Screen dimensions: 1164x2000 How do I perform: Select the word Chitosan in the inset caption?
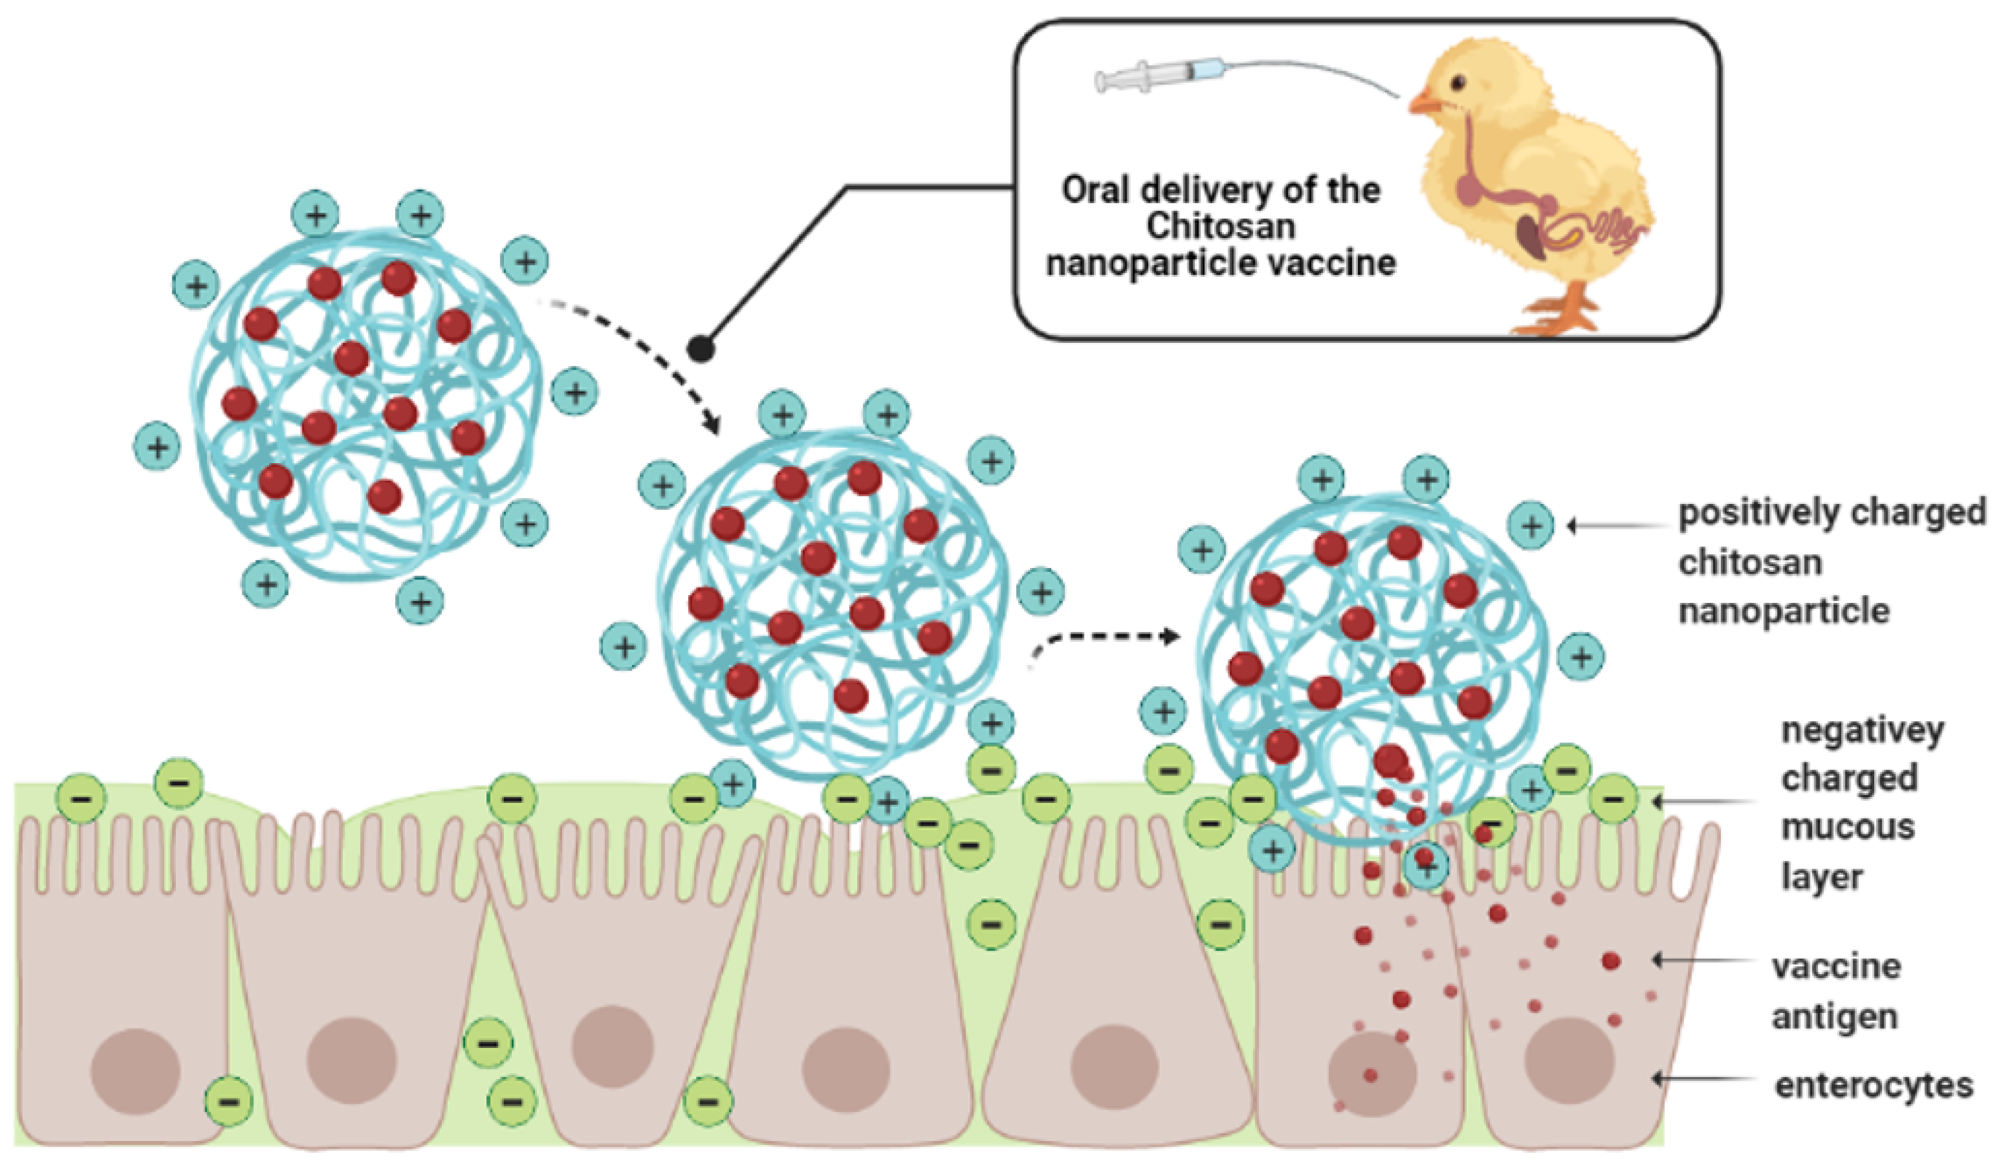[1221, 226]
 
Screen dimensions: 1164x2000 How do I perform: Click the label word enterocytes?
[1873, 1085]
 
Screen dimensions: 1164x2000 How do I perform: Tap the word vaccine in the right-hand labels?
[1836, 966]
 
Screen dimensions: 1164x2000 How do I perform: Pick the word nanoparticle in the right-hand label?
[1784, 611]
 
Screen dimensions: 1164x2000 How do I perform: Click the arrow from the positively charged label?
[1615, 525]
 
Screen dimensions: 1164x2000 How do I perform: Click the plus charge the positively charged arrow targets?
[1531, 525]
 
